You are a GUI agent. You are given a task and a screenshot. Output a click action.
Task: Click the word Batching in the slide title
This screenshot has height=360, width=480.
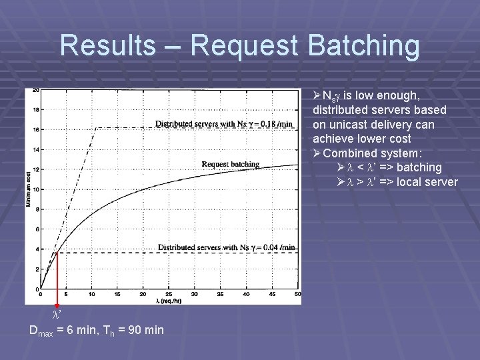pos(357,45)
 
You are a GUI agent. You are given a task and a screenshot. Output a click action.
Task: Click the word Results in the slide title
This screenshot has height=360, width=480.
pos(107,45)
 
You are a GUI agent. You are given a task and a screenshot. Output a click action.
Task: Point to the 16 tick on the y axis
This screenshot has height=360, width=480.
pos(36,129)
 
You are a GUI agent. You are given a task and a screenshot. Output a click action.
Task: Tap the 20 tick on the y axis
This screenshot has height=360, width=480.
pos(35,90)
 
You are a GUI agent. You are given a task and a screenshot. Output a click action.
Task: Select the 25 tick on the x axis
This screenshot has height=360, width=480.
pos(169,294)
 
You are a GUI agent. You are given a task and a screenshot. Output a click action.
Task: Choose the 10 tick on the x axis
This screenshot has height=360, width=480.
pos(91,294)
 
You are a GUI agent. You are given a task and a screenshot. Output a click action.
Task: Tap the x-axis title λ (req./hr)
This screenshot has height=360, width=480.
pos(168,300)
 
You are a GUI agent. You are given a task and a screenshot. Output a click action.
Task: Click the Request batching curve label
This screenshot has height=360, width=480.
pos(230,164)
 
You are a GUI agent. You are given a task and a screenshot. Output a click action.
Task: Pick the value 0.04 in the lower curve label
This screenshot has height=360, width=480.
pos(271,247)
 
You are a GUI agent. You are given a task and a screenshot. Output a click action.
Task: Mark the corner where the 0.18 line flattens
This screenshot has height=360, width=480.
pos(98,128)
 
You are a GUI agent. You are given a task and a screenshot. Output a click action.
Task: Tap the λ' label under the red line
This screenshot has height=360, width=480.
pos(57,313)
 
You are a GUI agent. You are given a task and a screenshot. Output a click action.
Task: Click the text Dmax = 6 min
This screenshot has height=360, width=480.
pos(63,330)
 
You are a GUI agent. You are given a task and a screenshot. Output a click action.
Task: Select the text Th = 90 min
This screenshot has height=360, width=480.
pos(133,330)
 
